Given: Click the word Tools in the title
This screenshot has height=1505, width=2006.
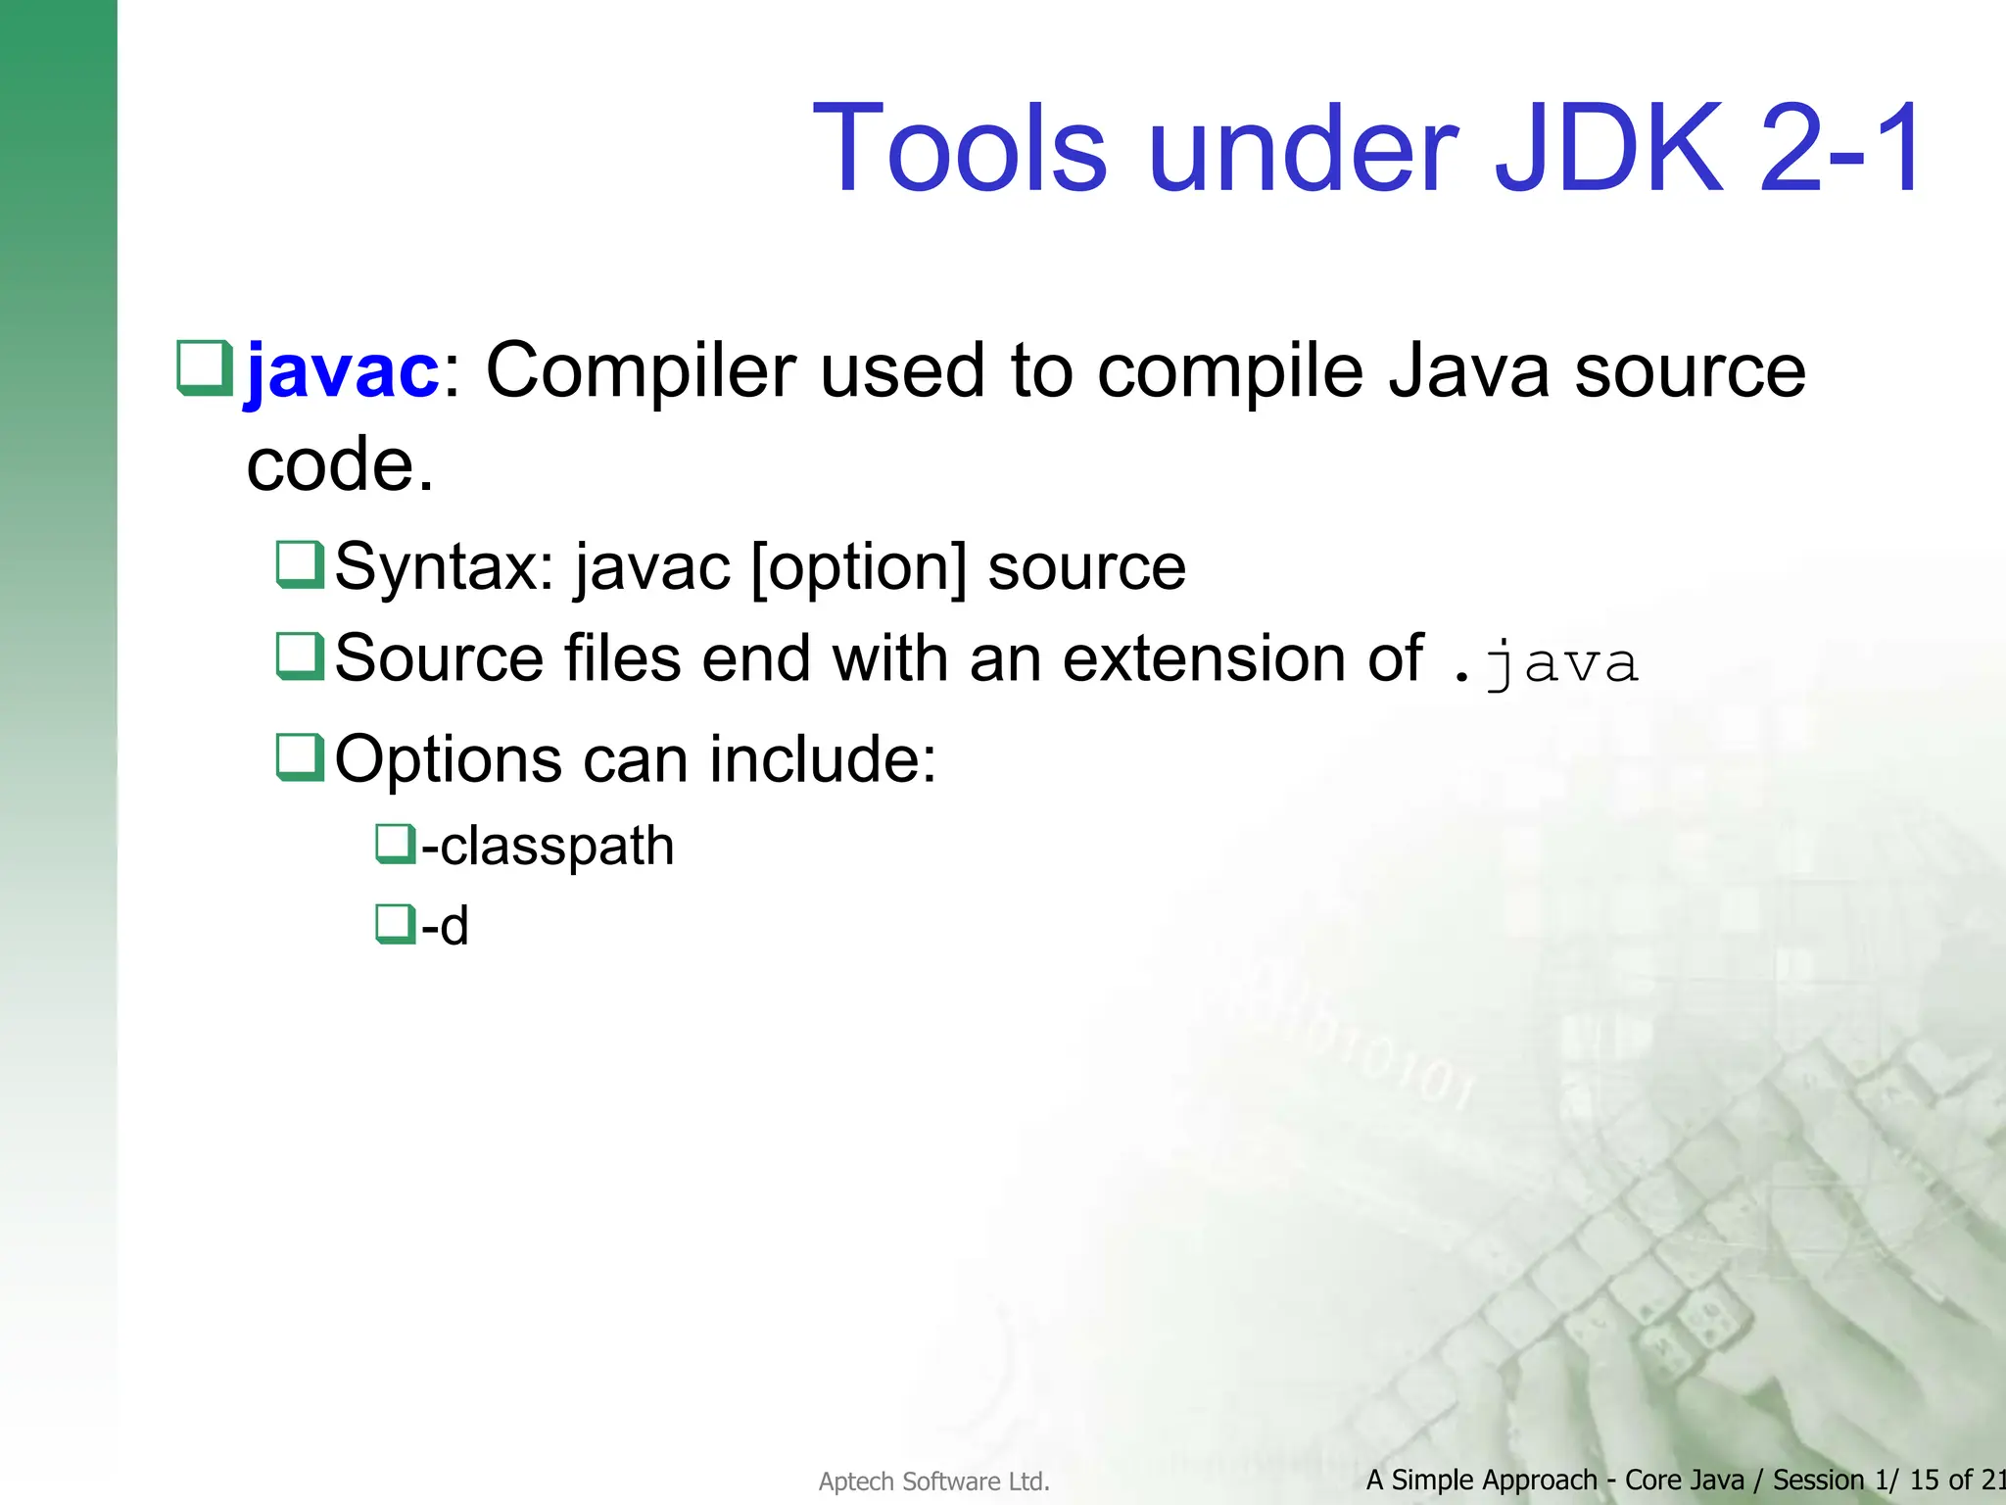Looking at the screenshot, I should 959,149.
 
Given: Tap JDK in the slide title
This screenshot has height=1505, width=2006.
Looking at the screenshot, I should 1607,149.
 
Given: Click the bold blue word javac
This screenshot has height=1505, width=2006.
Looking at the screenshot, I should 342,371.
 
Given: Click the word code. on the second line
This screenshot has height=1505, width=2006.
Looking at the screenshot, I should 339,464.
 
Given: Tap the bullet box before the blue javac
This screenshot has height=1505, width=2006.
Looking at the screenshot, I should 204,367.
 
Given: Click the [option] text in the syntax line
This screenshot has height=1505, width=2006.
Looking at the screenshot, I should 859,567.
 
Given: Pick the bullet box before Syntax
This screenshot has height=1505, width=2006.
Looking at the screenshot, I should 299,564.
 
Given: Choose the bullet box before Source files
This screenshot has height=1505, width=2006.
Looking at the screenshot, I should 299,655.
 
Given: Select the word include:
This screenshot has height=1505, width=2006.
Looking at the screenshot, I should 822,759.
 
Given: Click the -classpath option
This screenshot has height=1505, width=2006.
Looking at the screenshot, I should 547,846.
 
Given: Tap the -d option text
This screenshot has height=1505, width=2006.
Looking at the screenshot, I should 445,926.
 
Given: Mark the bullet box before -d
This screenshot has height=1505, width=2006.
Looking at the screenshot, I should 395,923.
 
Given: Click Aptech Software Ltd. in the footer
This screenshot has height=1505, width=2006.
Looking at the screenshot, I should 933,1481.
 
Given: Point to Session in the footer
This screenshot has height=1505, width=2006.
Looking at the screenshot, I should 1818,1480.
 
